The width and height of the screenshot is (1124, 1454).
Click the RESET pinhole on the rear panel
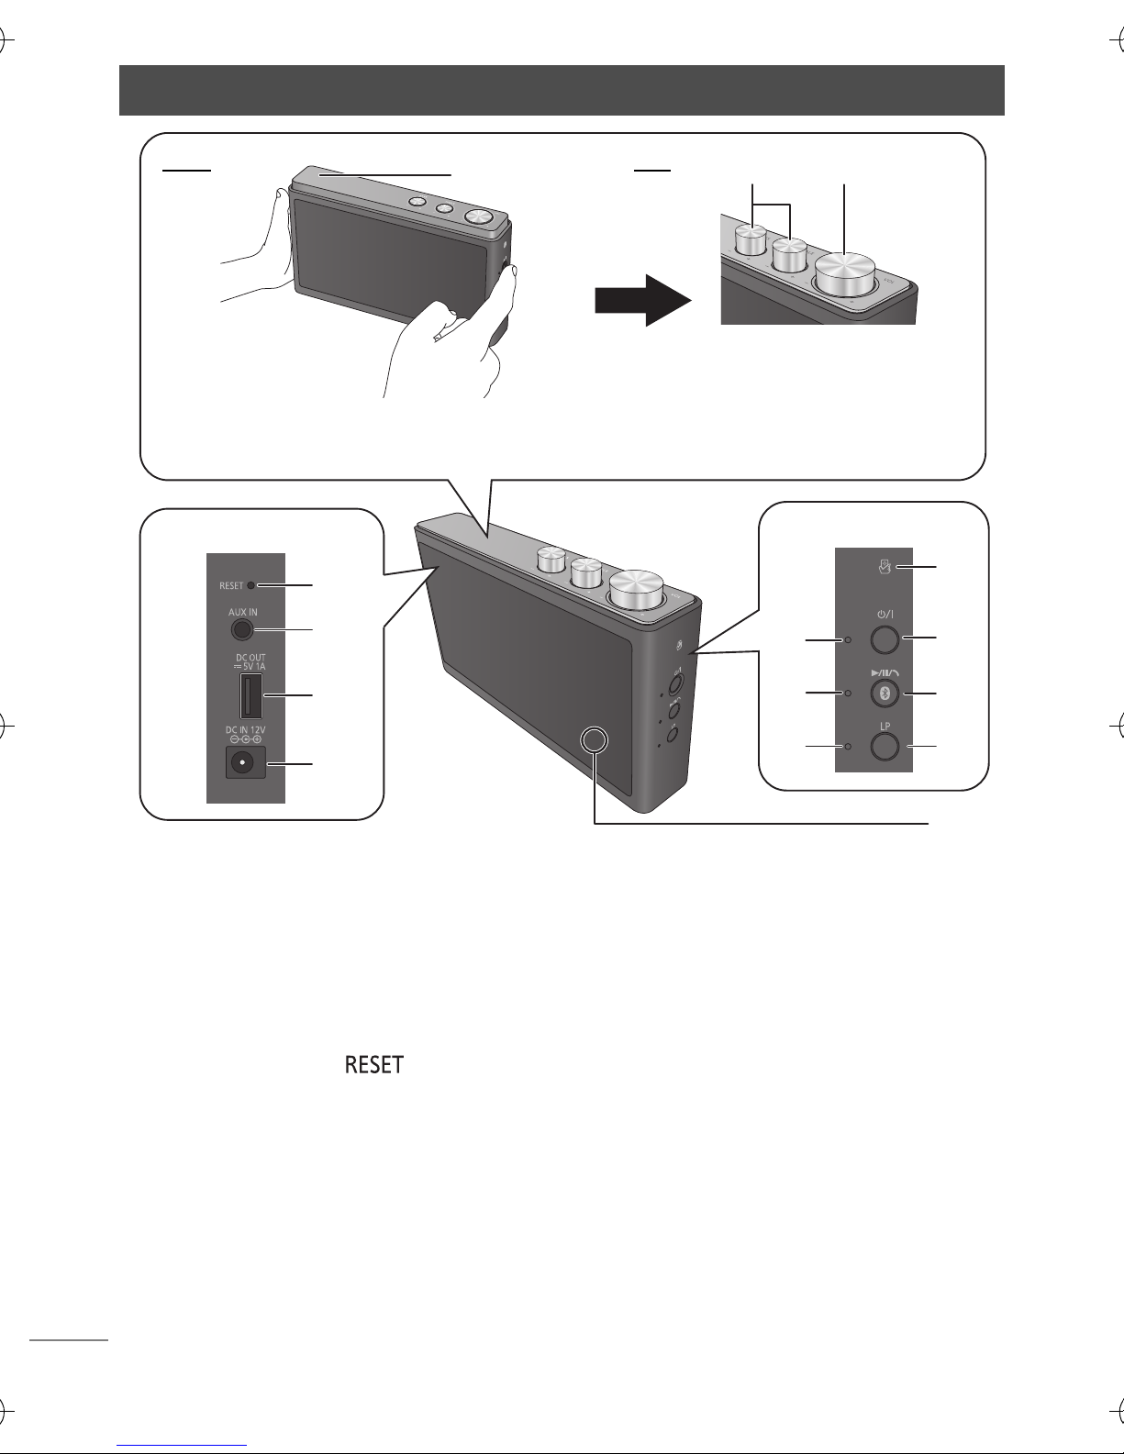point(250,584)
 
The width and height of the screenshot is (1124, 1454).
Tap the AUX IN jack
point(240,629)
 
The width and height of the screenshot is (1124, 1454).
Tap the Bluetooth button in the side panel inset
point(883,693)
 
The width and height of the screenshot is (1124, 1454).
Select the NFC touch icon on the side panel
point(885,569)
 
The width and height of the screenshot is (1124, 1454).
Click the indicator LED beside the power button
point(848,639)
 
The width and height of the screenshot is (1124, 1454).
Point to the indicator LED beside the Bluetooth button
point(848,694)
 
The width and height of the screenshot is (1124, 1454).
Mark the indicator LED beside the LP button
point(848,747)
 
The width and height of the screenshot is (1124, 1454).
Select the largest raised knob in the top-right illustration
point(844,274)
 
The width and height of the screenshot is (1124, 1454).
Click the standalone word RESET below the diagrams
point(373,1066)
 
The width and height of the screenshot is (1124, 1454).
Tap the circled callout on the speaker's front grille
point(595,740)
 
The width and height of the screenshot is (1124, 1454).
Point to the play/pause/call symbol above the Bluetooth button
point(883,672)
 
